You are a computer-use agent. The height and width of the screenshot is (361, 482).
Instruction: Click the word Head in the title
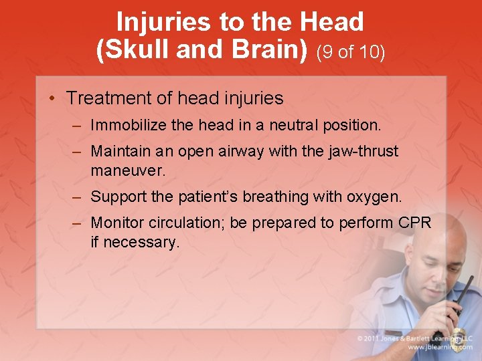[332, 22]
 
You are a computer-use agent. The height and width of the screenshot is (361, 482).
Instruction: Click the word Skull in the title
[144, 50]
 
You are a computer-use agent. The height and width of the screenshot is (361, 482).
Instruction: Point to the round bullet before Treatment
[52, 99]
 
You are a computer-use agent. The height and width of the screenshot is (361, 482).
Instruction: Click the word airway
[240, 152]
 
